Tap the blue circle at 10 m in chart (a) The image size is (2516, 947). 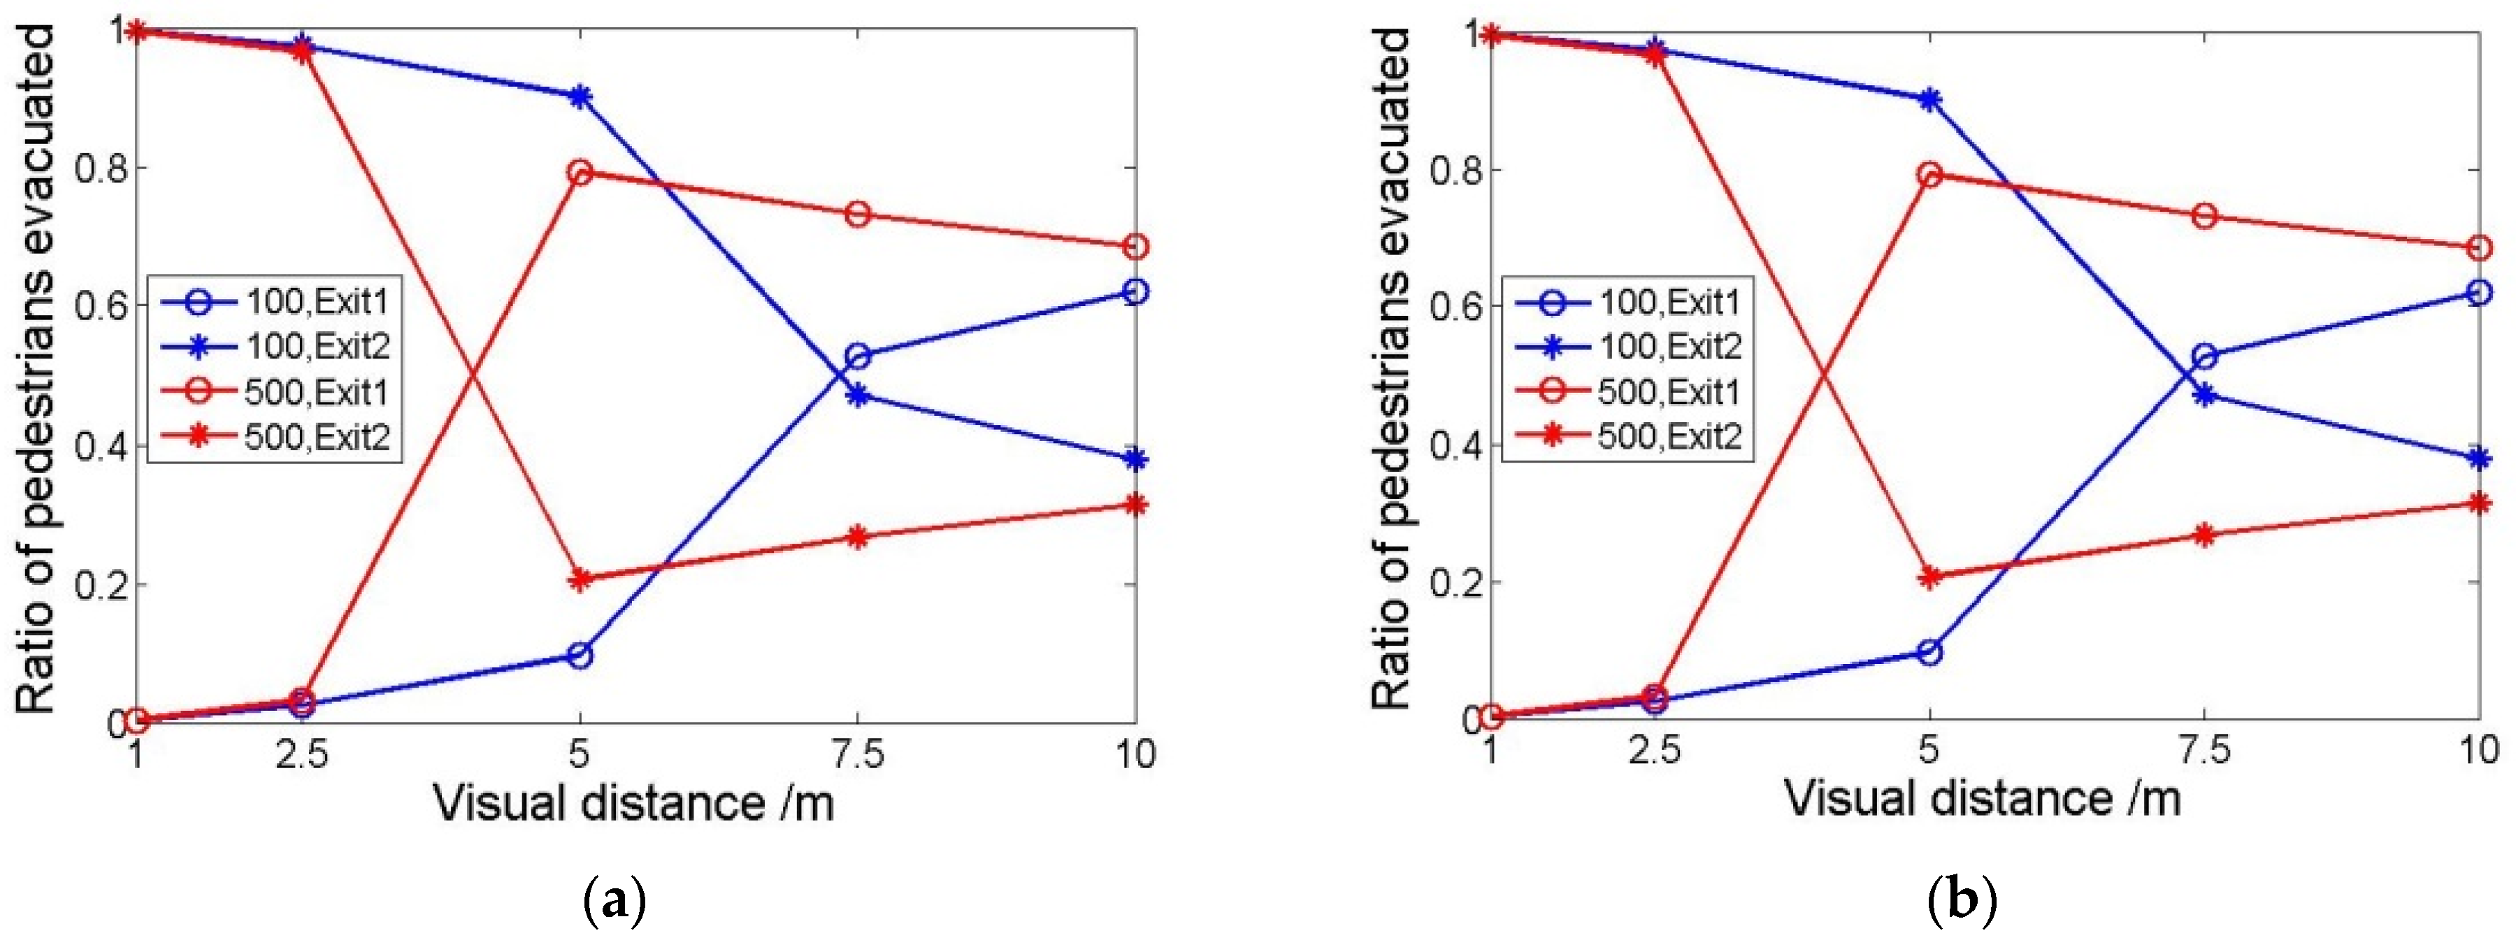[x=1135, y=291]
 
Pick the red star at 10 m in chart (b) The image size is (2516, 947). [x=2478, y=504]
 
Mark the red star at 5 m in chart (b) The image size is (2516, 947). [x=1929, y=578]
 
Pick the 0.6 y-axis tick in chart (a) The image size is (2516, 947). [x=100, y=305]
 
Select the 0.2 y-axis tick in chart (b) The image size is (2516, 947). [x=1455, y=583]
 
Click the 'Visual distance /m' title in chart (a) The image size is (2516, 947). [x=634, y=804]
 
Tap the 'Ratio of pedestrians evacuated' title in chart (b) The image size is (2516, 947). [x=1391, y=369]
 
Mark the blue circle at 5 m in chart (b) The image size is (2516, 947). [x=1929, y=652]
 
